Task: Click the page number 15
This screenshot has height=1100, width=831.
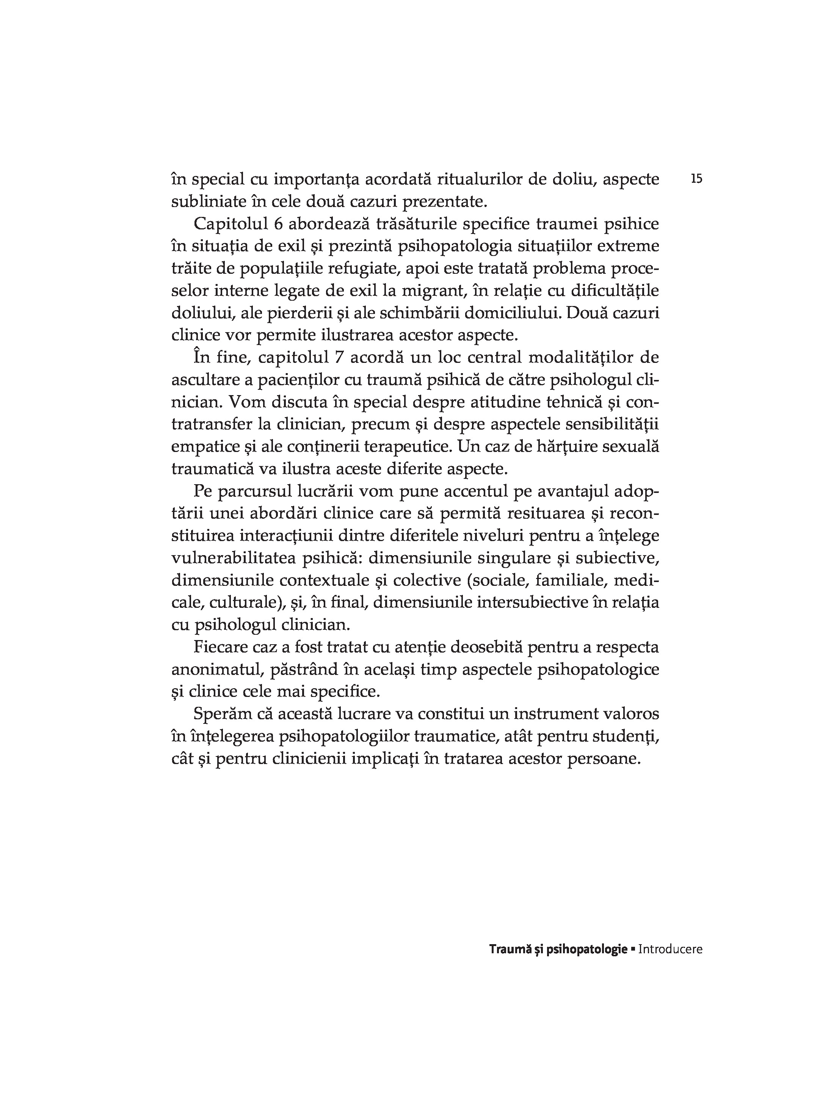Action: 696,179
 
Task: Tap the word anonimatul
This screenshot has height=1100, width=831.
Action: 217,669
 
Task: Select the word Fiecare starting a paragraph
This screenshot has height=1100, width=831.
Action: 220,647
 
